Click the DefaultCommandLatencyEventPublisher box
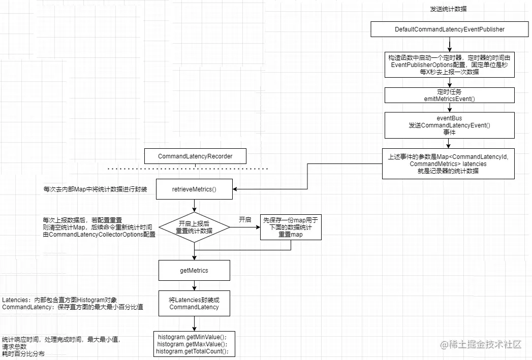pyautogui.click(x=450, y=29)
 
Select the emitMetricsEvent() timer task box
pyautogui.click(x=450, y=95)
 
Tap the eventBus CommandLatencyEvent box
pyautogui.click(x=450, y=125)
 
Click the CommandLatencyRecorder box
pyautogui.click(x=195, y=156)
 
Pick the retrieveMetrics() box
pyautogui.click(x=194, y=190)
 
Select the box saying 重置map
pyautogui.click(x=291, y=227)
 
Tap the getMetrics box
pyautogui.click(x=194, y=271)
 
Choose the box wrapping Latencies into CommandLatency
pyautogui.click(x=194, y=304)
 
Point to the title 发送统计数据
pyautogui.click(x=449, y=9)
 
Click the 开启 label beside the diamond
pyautogui.click(x=245, y=220)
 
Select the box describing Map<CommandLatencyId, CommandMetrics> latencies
pyautogui.click(x=449, y=163)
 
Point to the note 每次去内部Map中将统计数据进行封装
pyautogui.click(x=96, y=189)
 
